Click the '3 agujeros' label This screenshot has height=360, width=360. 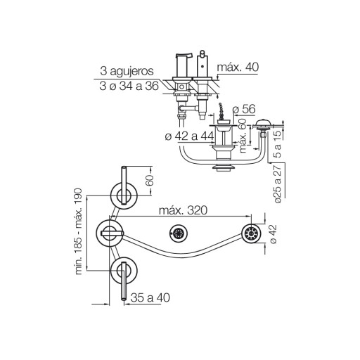(127, 71)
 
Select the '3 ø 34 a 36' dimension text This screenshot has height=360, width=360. (129, 86)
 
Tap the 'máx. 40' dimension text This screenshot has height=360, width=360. (238, 67)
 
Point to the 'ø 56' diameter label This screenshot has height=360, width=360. (244, 109)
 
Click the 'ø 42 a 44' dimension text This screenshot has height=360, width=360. (189, 136)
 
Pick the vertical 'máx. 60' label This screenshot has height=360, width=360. (243, 136)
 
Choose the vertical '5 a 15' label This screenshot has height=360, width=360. (277, 144)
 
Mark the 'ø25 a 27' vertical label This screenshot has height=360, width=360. (278, 184)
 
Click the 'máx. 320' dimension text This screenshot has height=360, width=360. (184, 210)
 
